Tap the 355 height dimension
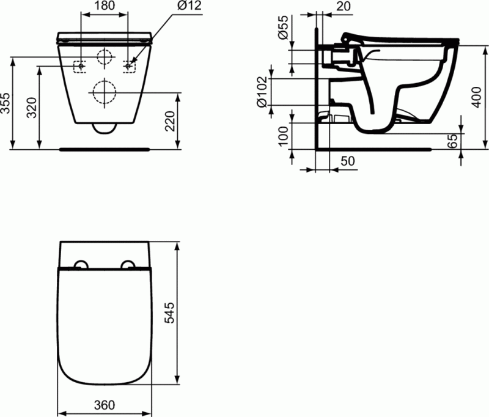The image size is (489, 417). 6,104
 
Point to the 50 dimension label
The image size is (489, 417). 345,161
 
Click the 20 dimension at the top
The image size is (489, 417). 344,7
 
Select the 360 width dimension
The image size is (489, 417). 105,405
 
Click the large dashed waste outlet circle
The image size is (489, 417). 105,92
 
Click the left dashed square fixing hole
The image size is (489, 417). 79,66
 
